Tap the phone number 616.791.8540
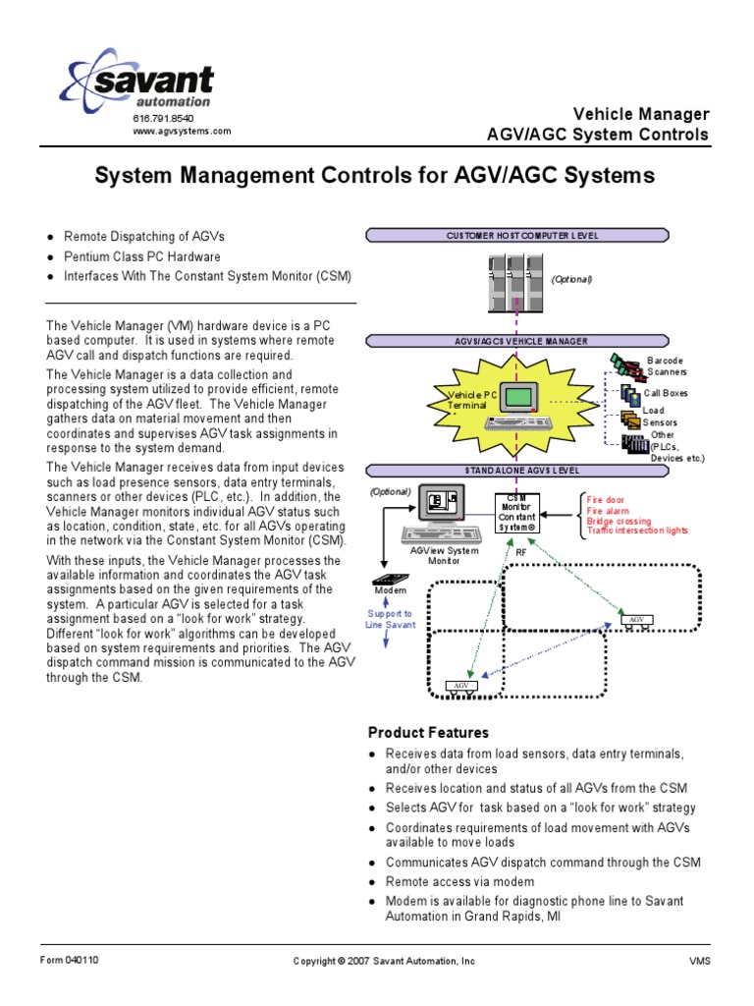(x=158, y=119)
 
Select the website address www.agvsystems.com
(x=182, y=131)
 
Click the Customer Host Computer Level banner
(x=517, y=236)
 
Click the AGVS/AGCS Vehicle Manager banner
(x=517, y=342)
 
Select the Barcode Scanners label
(x=667, y=366)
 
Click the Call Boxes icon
(x=629, y=394)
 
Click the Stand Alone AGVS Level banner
(x=517, y=471)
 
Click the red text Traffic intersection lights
(x=637, y=531)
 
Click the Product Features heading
(x=428, y=733)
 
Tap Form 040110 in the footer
(x=69, y=960)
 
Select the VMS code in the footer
(x=699, y=961)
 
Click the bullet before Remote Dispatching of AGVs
(x=50, y=238)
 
